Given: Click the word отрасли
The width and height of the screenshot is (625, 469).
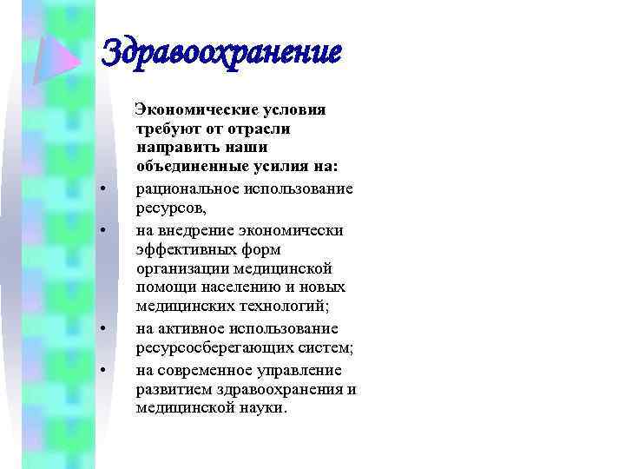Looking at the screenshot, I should [259, 129].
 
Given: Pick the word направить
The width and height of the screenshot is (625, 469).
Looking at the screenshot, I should [174, 148].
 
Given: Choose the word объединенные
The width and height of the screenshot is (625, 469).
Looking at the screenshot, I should [186, 166].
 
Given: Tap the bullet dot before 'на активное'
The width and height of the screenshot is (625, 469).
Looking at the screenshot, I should [102, 331].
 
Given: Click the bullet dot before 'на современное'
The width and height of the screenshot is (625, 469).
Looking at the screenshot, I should [102, 371].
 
